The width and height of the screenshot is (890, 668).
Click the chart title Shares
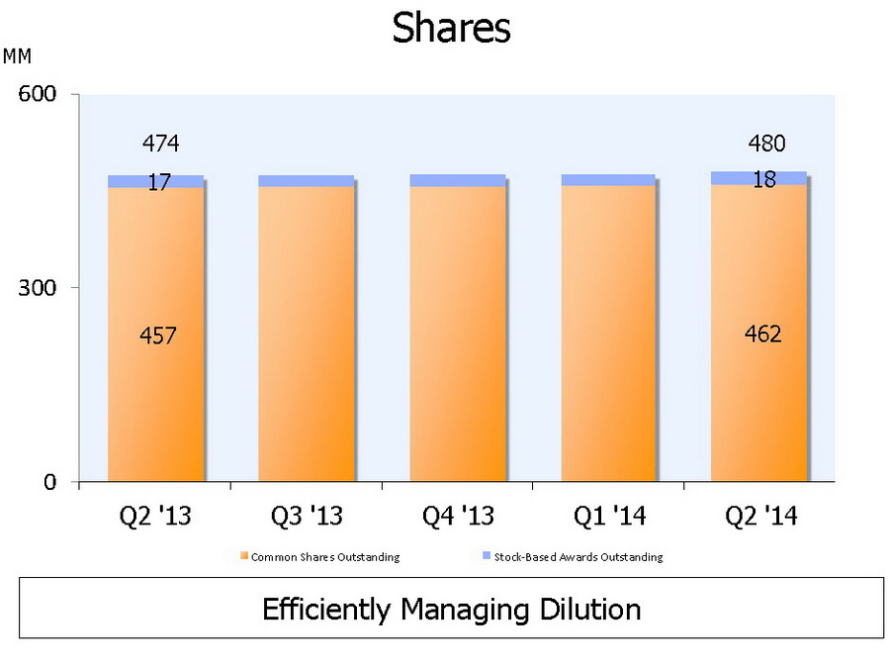[x=451, y=28]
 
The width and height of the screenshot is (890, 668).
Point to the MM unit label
[x=18, y=56]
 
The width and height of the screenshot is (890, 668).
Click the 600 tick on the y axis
[x=36, y=94]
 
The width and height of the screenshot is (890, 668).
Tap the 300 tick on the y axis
[x=36, y=288]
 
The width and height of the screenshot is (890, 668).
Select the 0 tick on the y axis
[x=48, y=482]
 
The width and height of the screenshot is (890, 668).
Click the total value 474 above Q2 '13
[x=160, y=144]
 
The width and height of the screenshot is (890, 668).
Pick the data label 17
[x=160, y=182]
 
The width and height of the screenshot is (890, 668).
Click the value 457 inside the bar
[x=158, y=336]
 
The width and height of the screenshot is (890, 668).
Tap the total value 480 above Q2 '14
[x=766, y=144]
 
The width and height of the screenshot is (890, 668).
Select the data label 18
[x=763, y=180]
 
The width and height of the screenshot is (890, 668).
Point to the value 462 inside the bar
[x=762, y=334]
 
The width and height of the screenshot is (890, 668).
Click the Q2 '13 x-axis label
[x=154, y=517]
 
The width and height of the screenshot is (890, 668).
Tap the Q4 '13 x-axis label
[x=457, y=517]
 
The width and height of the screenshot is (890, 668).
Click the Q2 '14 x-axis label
[x=760, y=517]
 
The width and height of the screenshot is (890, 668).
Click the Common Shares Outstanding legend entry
[x=324, y=557]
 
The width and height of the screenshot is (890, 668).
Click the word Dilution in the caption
[x=589, y=609]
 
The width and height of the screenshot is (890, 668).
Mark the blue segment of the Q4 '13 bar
[x=457, y=180]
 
